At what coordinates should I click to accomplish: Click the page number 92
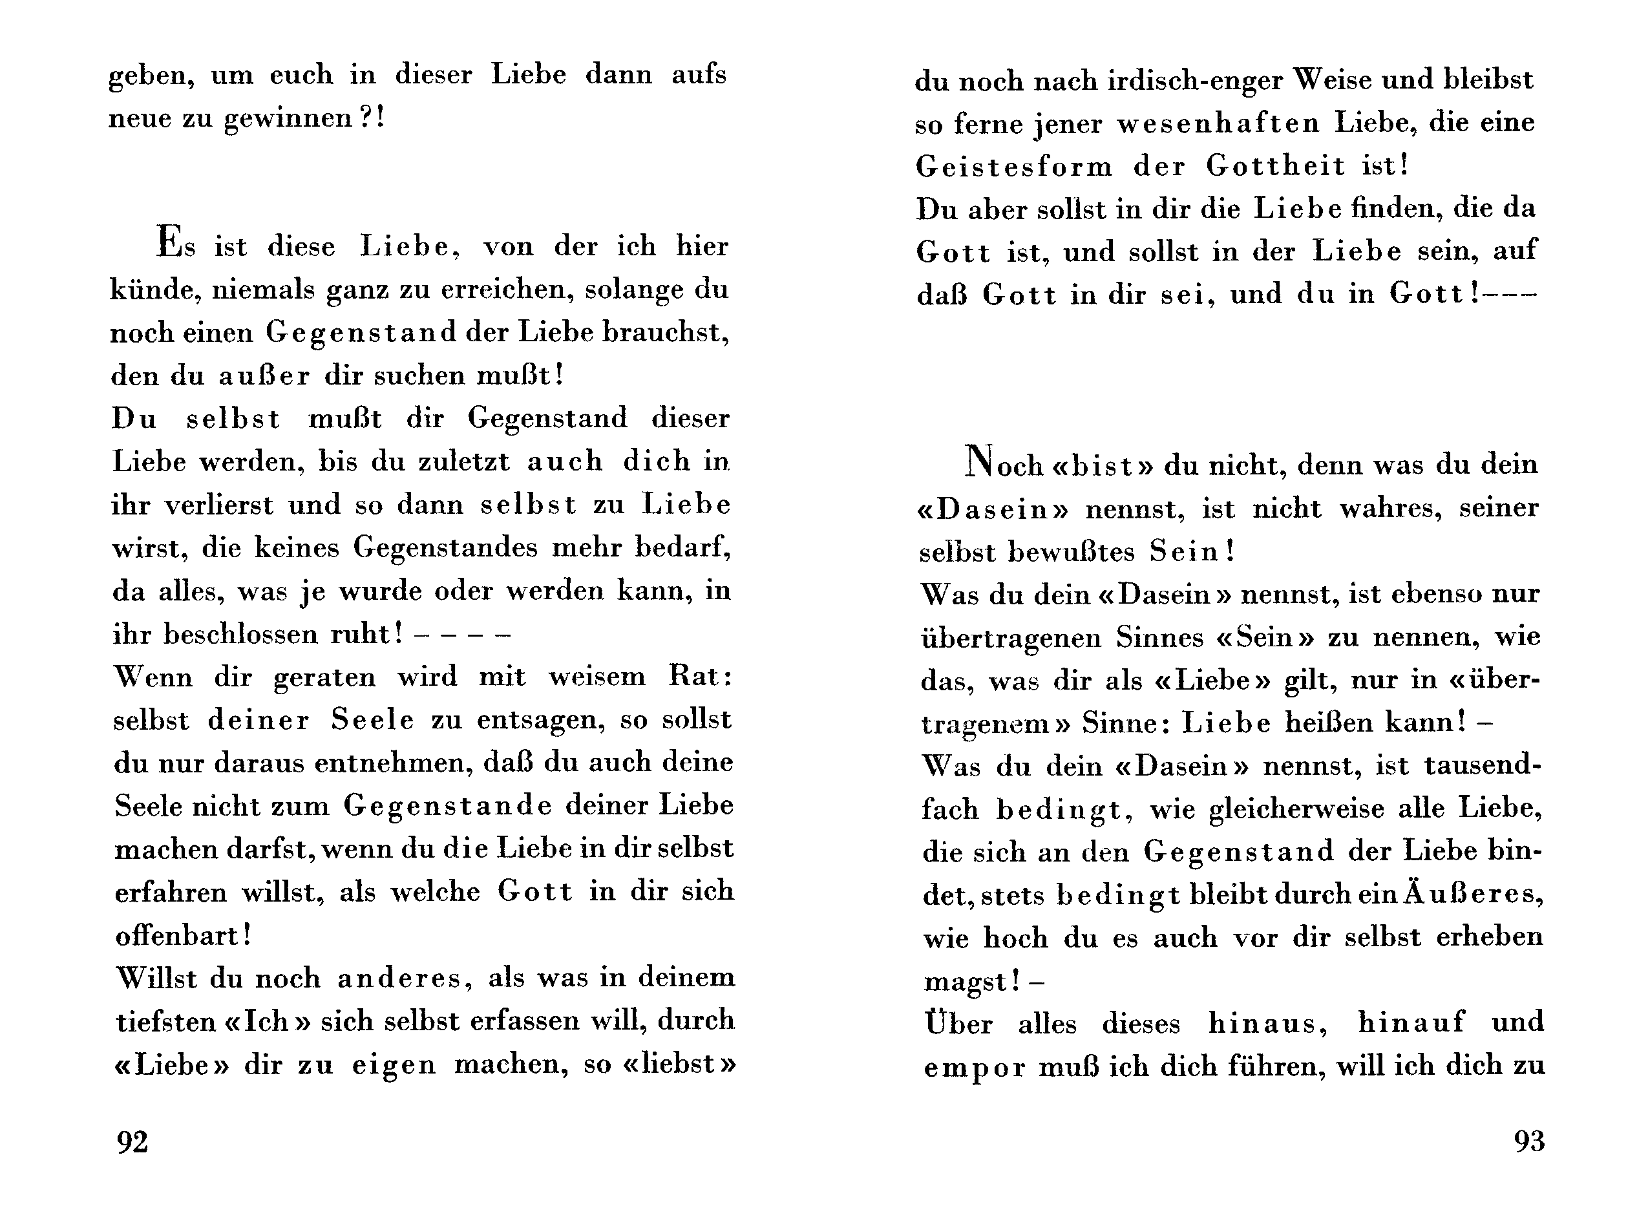pos(132,1141)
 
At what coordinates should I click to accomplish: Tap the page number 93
pos(1529,1140)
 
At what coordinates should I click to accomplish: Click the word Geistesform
pos(1014,165)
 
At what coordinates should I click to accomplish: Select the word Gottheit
pos(1275,165)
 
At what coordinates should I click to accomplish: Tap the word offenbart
pos(183,935)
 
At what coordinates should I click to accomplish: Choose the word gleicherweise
pos(1296,808)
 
